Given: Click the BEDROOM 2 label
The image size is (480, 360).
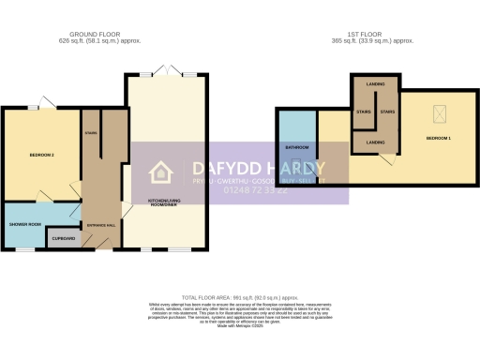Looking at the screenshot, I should (40, 156).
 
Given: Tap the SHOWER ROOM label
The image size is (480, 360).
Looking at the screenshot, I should (25, 224).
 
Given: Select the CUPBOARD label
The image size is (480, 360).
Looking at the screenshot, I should (64, 239).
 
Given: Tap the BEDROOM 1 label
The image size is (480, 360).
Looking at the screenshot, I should (439, 138).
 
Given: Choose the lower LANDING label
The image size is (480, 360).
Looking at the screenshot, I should (375, 142).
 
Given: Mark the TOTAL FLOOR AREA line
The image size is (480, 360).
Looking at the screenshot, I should (238, 296).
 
